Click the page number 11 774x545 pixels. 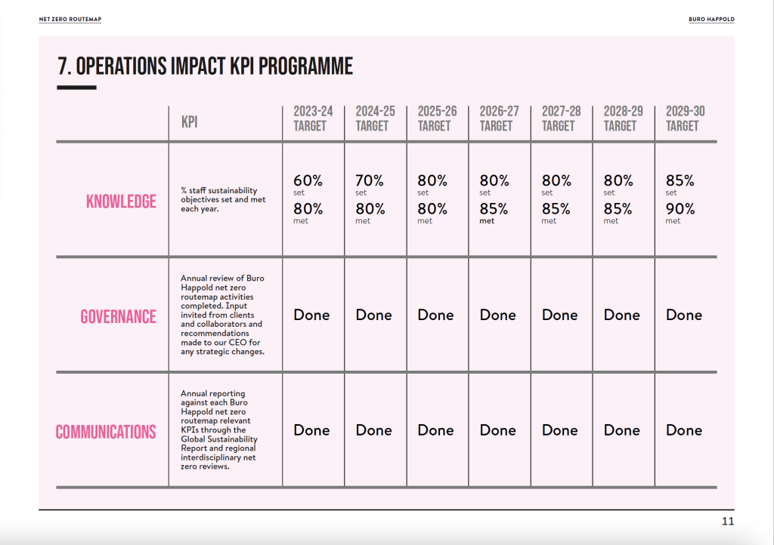point(728,522)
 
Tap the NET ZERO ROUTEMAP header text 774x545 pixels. point(70,19)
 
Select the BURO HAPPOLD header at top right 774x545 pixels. point(711,19)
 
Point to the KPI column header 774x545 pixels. point(190,122)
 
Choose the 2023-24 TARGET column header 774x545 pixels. point(313,119)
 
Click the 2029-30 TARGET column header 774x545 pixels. point(685,119)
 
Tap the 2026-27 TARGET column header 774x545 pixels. point(499,119)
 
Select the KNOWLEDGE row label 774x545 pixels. point(121,201)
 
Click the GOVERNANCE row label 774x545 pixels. point(118,316)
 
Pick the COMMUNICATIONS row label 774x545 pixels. point(106,432)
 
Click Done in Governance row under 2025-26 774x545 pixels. point(435,315)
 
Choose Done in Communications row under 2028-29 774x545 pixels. point(621,430)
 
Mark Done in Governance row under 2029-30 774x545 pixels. point(683,315)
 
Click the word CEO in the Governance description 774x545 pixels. point(237,343)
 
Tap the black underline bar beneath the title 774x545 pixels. point(76,88)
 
